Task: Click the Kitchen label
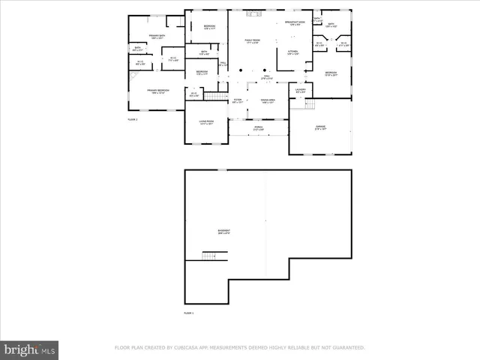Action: click(x=292, y=52)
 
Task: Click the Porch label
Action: click(x=258, y=127)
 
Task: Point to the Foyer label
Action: click(x=237, y=100)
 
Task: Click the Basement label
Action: click(x=224, y=231)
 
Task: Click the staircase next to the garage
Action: click(x=298, y=104)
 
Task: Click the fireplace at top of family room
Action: click(x=253, y=13)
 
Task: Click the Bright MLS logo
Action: click(x=30, y=349)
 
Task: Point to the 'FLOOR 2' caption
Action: click(x=133, y=119)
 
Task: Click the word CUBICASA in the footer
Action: click(x=198, y=348)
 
